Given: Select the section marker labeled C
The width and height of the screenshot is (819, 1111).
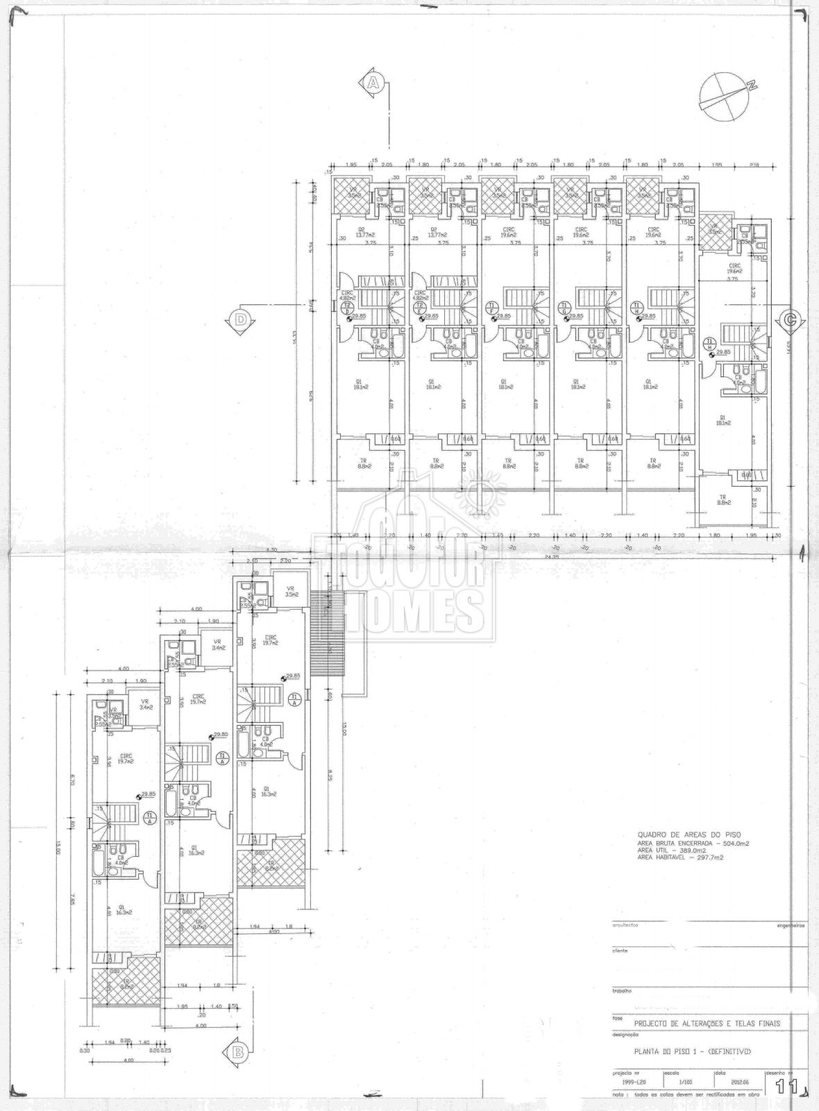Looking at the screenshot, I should [x=789, y=320].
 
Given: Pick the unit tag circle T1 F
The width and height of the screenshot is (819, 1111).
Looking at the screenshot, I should [x=492, y=306].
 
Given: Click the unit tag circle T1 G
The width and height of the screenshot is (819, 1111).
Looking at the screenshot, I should [x=565, y=306].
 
